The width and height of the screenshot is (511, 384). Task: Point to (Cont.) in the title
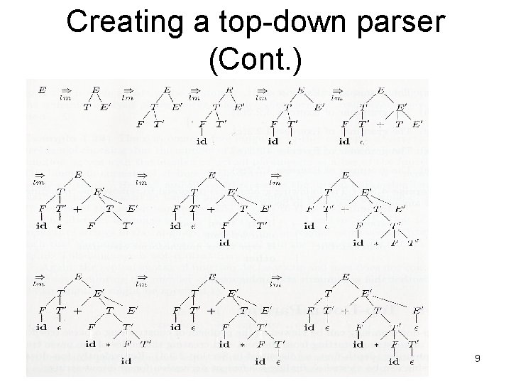255,60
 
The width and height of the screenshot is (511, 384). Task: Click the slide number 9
478,359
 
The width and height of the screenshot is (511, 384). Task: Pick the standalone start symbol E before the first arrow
41,91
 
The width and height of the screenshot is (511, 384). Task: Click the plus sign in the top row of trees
380,124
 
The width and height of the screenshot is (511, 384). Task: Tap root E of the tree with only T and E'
96,91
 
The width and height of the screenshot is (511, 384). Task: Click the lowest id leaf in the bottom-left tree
126,361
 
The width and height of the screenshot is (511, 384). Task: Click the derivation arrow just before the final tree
276,279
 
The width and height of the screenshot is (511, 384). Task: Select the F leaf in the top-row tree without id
140,124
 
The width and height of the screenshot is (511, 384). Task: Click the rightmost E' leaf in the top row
417,124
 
